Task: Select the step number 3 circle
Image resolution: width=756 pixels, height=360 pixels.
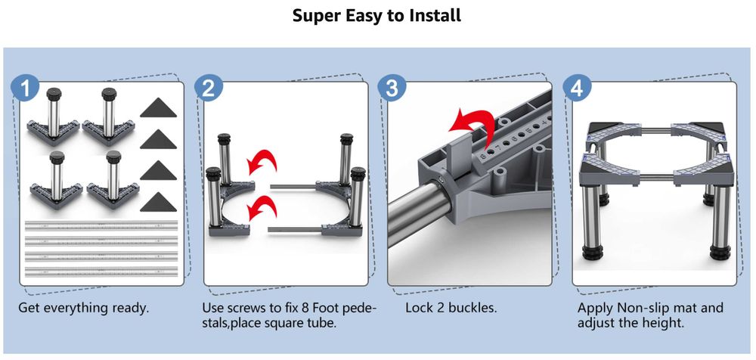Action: click(392, 88)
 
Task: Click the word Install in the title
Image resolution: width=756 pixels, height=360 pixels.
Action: click(435, 15)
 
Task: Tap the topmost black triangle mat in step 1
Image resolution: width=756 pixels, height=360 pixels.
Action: click(159, 107)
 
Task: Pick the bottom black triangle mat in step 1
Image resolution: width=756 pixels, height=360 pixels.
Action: click(159, 202)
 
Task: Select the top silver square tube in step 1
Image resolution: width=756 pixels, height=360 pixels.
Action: click(101, 225)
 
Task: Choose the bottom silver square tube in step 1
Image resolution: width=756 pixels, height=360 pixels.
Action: click(101, 272)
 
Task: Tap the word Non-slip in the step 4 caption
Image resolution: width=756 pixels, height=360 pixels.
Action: click(640, 307)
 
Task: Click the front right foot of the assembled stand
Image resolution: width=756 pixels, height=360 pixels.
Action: click(720, 252)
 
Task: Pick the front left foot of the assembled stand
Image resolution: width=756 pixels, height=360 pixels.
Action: click(592, 252)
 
